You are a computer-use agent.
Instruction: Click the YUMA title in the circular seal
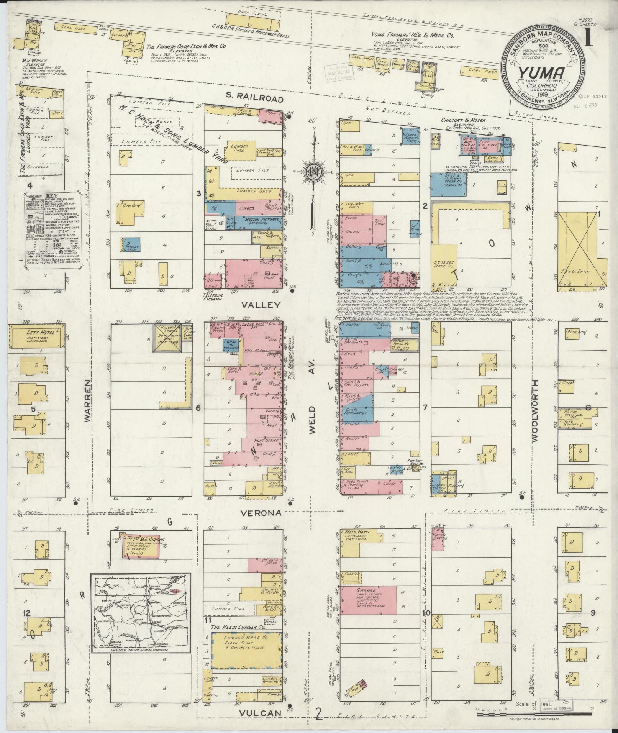pos(541,72)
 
